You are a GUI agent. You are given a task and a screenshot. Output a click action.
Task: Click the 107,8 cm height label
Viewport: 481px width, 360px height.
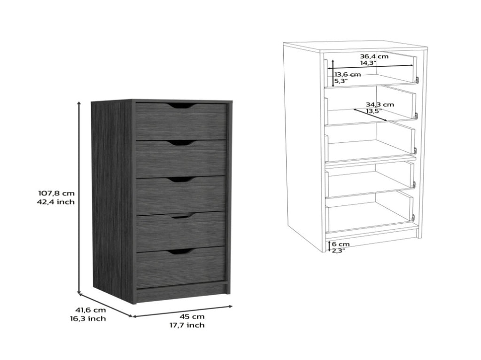tap(56, 193)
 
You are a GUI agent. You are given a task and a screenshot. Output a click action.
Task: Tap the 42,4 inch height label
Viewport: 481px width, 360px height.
tap(56, 202)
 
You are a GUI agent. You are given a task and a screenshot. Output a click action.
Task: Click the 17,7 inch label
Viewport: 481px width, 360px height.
tap(187, 325)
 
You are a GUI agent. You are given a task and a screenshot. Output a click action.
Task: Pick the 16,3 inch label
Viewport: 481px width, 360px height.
tap(88, 319)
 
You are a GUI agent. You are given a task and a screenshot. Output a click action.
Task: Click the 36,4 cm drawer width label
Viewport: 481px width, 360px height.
tap(374, 56)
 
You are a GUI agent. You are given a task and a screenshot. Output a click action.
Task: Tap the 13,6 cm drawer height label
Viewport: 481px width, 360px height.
tap(348, 75)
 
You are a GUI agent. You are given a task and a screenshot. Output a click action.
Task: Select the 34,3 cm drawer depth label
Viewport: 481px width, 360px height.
tap(380, 105)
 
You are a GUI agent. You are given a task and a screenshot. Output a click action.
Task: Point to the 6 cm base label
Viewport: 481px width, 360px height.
tap(341, 244)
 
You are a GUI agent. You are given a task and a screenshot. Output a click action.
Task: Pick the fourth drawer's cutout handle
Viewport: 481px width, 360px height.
tap(182, 216)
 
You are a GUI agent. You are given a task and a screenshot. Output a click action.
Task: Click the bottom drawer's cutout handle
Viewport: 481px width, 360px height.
tap(181, 251)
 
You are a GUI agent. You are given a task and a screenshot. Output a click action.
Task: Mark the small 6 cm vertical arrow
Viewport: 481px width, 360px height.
tap(329, 246)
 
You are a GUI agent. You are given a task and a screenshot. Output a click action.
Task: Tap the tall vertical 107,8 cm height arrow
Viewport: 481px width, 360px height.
tap(79, 198)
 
